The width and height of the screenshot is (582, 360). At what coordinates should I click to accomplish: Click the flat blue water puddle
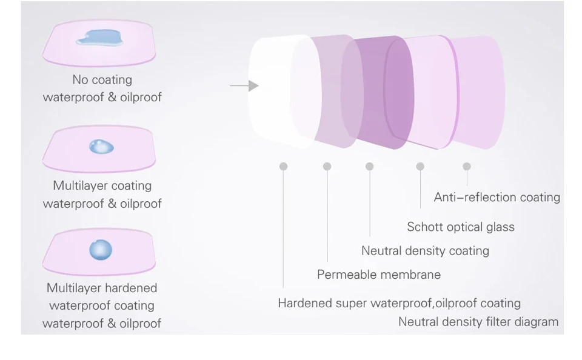(99, 38)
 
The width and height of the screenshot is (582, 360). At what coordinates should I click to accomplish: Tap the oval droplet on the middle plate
(101, 147)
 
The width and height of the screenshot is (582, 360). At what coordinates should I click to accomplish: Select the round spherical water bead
(101, 250)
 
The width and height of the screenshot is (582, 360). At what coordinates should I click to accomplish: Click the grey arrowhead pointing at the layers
(253, 85)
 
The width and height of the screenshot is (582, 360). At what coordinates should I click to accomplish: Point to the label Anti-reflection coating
(497, 197)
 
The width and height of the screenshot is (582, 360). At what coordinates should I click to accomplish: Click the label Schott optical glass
(461, 227)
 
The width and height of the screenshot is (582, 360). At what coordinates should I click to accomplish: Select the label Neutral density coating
(426, 251)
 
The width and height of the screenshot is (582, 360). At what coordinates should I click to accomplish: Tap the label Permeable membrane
(379, 275)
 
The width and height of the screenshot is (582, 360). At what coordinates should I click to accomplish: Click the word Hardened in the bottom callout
(305, 303)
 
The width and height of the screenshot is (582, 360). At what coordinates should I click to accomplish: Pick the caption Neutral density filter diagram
(478, 322)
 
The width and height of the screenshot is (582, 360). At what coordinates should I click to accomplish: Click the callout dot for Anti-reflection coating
(467, 166)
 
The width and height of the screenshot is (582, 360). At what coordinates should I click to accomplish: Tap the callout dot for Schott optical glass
(420, 166)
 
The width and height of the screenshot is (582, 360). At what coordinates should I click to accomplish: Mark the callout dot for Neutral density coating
(369, 166)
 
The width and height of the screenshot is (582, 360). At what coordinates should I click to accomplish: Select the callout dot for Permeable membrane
(327, 166)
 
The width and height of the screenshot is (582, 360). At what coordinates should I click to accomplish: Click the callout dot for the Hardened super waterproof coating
(283, 166)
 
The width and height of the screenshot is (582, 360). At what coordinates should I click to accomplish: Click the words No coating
(102, 80)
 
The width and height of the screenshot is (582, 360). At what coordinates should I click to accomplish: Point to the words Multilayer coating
(102, 185)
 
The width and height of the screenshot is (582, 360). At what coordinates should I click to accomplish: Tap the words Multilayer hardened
(102, 288)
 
